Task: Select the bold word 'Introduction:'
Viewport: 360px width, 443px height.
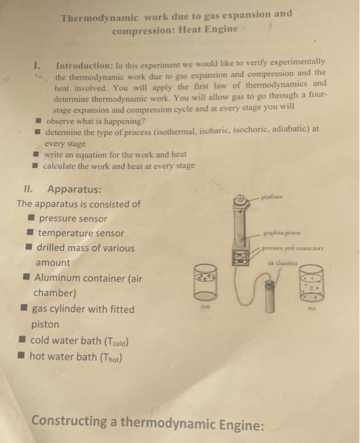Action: point(84,65)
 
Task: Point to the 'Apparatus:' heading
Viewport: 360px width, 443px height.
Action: point(74,189)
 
